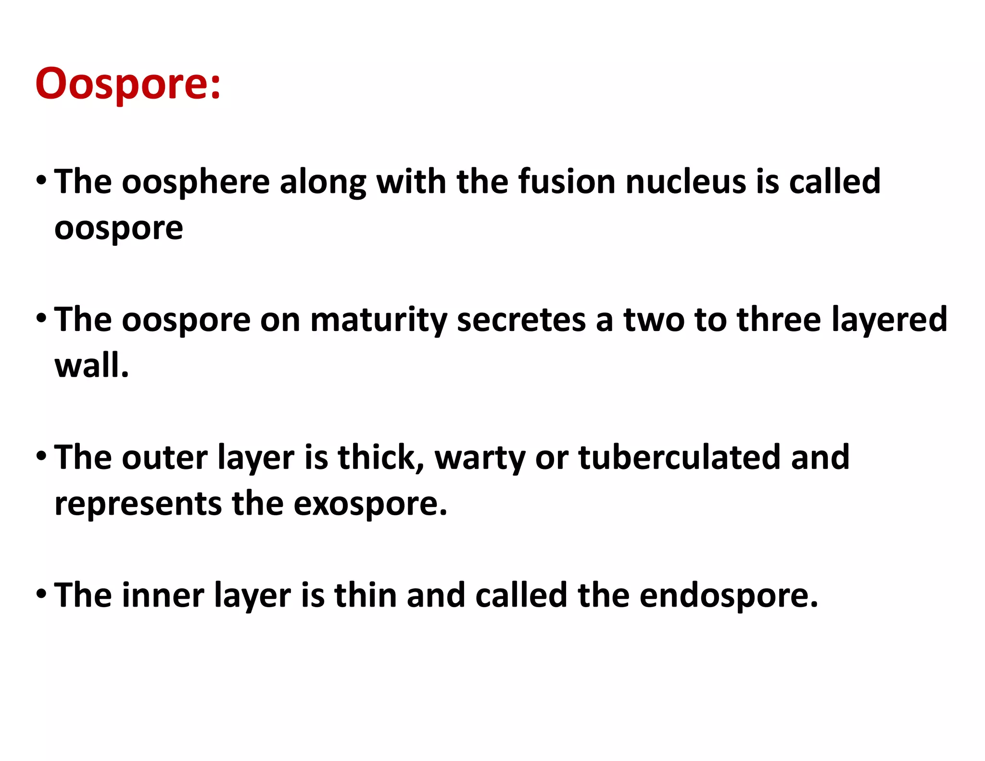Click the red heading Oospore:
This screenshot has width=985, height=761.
[x=128, y=84]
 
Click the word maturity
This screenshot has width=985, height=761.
[x=379, y=320]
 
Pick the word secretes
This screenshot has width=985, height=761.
[x=521, y=320]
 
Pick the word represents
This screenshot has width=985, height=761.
[x=139, y=504]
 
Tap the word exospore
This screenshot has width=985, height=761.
[x=370, y=504]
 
